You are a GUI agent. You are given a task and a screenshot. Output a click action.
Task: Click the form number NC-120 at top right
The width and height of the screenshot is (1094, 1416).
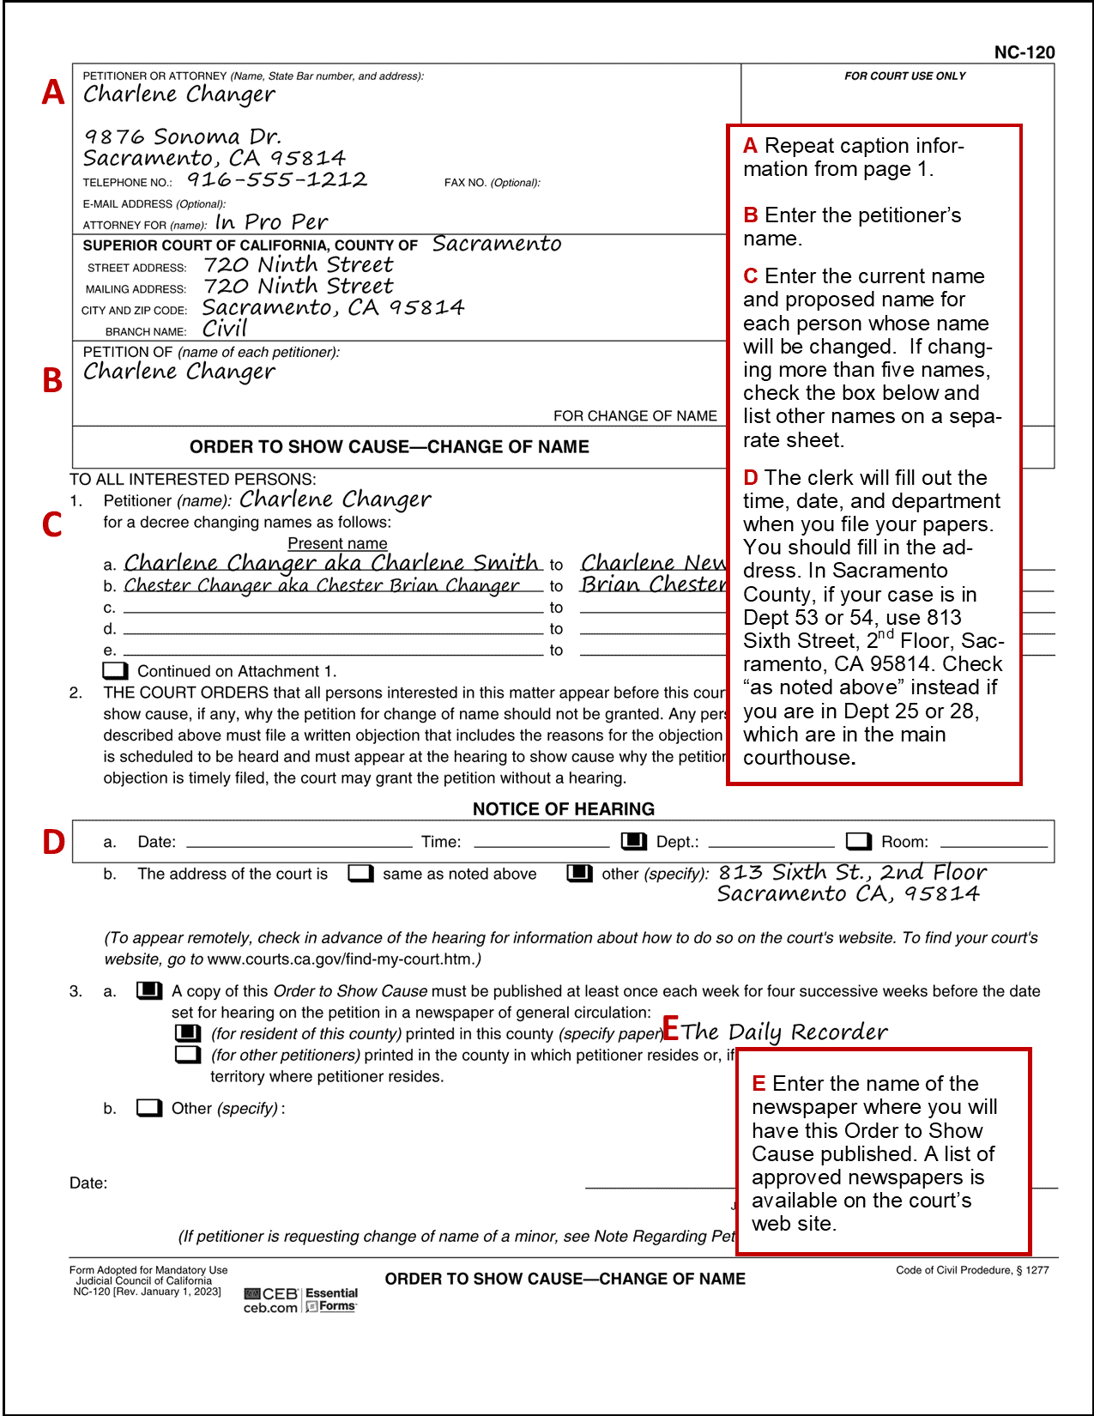pyautogui.click(x=1024, y=52)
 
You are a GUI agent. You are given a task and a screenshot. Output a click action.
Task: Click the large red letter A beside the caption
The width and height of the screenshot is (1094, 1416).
pyautogui.click(x=53, y=92)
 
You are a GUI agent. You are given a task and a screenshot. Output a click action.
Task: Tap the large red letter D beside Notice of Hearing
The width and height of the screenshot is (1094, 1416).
pyautogui.click(x=53, y=842)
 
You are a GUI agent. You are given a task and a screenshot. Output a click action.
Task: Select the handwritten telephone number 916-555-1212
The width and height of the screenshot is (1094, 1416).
pyautogui.click(x=277, y=179)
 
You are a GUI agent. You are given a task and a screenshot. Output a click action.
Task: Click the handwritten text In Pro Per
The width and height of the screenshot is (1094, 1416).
pyautogui.click(x=271, y=222)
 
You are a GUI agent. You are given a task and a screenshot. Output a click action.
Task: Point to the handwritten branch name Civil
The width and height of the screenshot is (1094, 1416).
pyautogui.click(x=225, y=329)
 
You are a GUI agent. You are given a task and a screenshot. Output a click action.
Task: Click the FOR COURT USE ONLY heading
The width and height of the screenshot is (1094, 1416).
pyautogui.click(x=904, y=76)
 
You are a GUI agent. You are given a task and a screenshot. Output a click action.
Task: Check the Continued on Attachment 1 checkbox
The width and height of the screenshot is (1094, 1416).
pyautogui.click(x=115, y=670)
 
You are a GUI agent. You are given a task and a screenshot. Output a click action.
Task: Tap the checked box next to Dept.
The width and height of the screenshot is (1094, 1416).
pyautogui.click(x=633, y=841)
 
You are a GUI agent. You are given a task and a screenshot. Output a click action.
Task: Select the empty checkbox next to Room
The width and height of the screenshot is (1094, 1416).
pyautogui.click(x=858, y=841)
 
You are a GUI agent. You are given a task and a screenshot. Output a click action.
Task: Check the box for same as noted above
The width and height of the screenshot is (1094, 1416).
pyautogui.click(x=360, y=874)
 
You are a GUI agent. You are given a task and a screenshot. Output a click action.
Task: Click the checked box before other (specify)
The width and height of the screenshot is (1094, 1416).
pyautogui.click(x=579, y=874)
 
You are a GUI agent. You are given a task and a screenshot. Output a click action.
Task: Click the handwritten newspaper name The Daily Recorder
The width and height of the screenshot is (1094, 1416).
pyautogui.click(x=784, y=1032)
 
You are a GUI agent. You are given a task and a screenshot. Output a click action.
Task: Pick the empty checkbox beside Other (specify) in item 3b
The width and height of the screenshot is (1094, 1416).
pyautogui.click(x=148, y=1108)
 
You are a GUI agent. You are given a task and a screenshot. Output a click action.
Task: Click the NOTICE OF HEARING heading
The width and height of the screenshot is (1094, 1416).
pyautogui.click(x=563, y=808)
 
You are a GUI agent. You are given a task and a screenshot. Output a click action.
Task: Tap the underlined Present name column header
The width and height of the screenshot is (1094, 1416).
pyautogui.click(x=337, y=543)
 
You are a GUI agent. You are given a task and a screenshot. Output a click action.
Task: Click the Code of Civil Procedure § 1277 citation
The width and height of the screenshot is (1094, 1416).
pyautogui.click(x=972, y=1270)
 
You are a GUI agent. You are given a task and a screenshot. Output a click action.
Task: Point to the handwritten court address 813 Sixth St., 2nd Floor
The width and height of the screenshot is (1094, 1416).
pyautogui.click(x=852, y=873)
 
